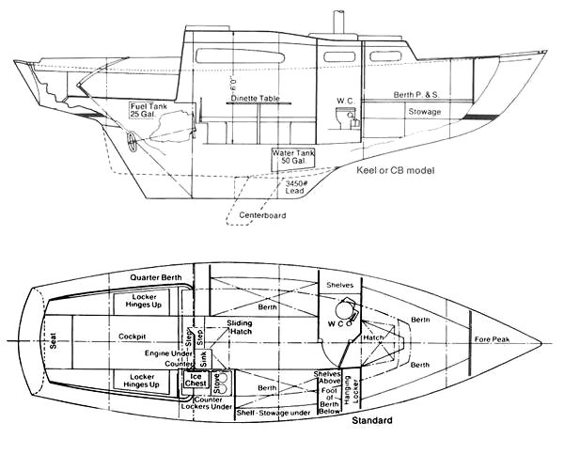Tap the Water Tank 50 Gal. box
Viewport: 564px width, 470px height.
[x=291, y=158]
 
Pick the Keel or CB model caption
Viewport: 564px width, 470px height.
[x=390, y=172]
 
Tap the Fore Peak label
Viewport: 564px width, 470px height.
[x=492, y=339]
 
